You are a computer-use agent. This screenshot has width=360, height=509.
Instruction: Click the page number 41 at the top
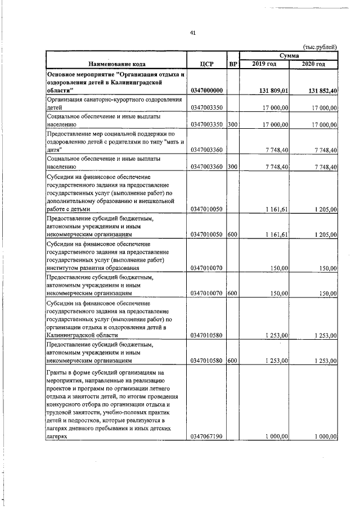point(192,33)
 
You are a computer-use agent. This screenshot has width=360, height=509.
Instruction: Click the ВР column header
point(233,64)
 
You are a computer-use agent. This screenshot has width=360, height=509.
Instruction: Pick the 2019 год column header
point(264,64)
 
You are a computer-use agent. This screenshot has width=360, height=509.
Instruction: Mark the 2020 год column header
point(313,64)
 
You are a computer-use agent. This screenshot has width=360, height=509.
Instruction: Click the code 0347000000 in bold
point(207,91)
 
